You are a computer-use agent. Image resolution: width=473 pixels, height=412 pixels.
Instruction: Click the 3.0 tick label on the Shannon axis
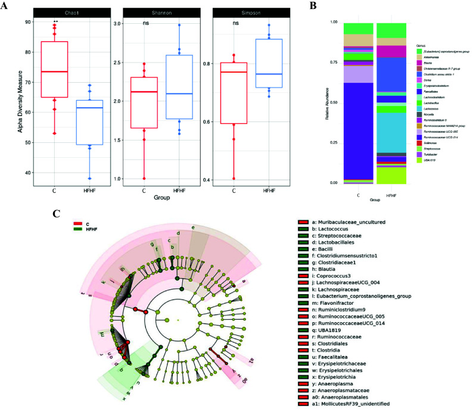click(x=118, y=24)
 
